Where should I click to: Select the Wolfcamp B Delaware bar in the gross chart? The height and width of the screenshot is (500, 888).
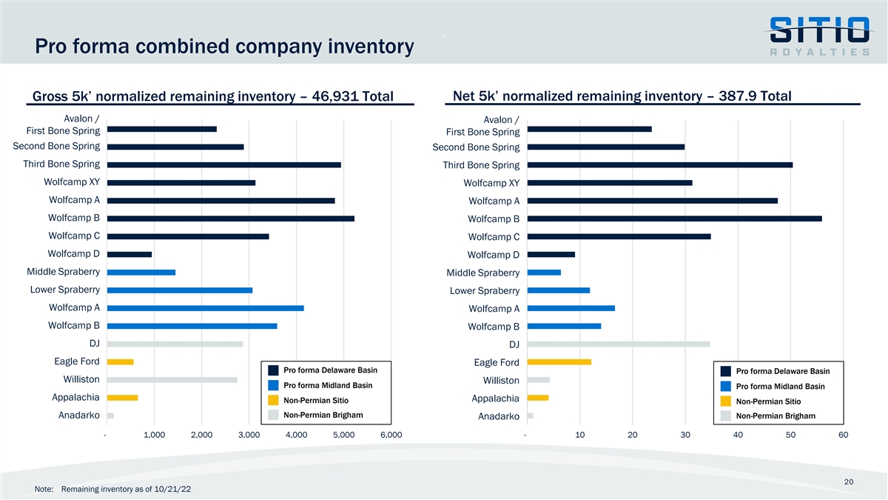pyautogui.click(x=231, y=219)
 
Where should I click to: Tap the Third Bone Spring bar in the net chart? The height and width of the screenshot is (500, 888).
pyautogui.click(x=659, y=164)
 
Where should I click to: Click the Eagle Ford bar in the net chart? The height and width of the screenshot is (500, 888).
pyautogui.click(x=559, y=362)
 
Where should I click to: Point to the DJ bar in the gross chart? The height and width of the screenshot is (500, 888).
pyautogui.click(x=175, y=344)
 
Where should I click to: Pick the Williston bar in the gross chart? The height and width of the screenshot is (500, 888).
pyautogui.click(x=172, y=380)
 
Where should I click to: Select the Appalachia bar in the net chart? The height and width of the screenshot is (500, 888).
pyautogui.click(x=538, y=398)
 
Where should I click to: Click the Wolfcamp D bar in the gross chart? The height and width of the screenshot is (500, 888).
pyautogui.click(x=129, y=254)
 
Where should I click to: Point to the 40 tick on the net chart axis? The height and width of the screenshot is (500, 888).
pyautogui.click(x=738, y=435)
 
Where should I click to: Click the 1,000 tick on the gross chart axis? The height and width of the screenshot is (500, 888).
pyautogui.click(x=153, y=435)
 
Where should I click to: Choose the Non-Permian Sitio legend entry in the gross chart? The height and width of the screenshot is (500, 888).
pyautogui.click(x=311, y=401)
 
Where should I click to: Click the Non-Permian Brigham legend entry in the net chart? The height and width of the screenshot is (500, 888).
pyautogui.click(x=776, y=416)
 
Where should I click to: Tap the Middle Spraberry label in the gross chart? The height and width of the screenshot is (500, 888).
pyautogui.click(x=63, y=272)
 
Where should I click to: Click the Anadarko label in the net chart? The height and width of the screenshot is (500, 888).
pyautogui.click(x=498, y=416)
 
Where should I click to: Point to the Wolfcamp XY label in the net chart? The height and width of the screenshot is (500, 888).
pyautogui.click(x=491, y=183)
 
